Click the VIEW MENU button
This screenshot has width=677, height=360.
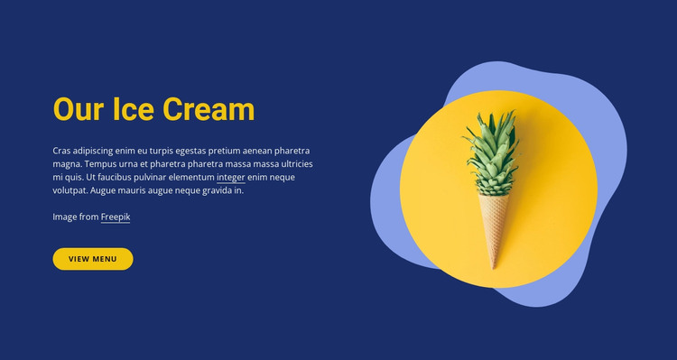[x=93, y=259]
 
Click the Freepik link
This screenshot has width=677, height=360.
[x=116, y=217]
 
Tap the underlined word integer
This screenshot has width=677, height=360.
[x=231, y=178]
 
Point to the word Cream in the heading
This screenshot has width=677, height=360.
[x=209, y=110]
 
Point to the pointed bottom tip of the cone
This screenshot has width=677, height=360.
[x=495, y=266]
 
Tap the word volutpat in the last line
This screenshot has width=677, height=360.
[x=70, y=191]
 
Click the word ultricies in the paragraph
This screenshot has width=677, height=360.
[x=294, y=164]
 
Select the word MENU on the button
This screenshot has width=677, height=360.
[x=105, y=259]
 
